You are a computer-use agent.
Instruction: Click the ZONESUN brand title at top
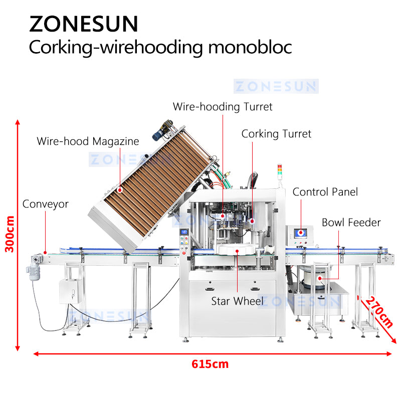84,24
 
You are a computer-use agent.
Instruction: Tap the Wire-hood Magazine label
88,141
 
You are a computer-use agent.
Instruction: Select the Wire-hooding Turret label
223,107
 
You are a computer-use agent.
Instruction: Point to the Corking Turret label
276,134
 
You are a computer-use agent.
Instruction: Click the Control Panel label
325,192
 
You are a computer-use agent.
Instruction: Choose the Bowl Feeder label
351,222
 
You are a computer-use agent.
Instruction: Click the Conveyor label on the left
46,204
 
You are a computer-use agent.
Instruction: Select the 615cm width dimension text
210,364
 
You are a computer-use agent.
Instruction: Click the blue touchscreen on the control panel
302,233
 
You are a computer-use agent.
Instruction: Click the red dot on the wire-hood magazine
120,190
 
